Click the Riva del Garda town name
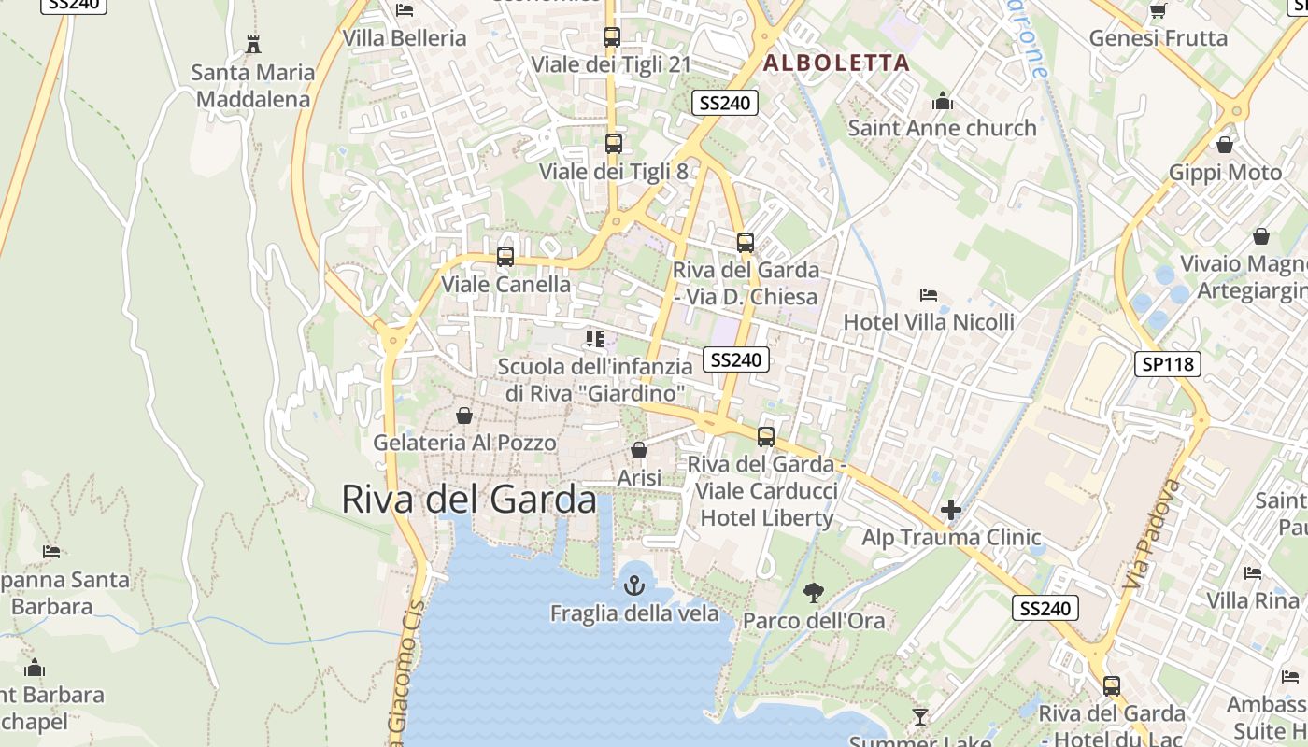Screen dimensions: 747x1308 pyautogui.click(x=468, y=500)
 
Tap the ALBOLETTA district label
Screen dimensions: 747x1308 pyautogui.click(x=836, y=63)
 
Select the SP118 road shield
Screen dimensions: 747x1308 pyautogui.click(x=1167, y=363)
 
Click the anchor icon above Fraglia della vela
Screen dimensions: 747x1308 pyautogui.click(x=634, y=585)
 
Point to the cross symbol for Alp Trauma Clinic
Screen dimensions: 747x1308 pyautogui.click(x=951, y=510)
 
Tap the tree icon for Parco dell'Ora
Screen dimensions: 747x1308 pyautogui.click(x=813, y=591)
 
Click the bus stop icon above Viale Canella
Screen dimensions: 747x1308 pyautogui.click(x=505, y=256)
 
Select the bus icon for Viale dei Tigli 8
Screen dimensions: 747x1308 pyautogui.click(x=613, y=144)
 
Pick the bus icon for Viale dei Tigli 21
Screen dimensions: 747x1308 pyautogui.click(x=611, y=37)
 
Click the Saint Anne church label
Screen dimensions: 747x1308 pyautogui.click(x=942, y=128)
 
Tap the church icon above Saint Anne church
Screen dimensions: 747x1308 pyautogui.click(x=942, y=101)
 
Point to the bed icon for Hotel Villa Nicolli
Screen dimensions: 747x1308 pyautogui.click(x=928, y=295)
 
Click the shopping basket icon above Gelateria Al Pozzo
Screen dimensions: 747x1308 pyautogui.click(x=463, y=416)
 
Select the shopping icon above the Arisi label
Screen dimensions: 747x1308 pyautogui.click(x=639, y=451)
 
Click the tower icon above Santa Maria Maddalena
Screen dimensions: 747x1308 pyautogui.click(x=252, y=44)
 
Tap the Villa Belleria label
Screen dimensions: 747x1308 pyautogui.click(x=405, y=38)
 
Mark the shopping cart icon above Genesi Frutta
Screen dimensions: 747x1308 pyautogui.click(x=1158, y=11)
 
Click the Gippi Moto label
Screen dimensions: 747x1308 pyautogui.click(x=1226, y=173)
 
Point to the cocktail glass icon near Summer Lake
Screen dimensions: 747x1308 pyautogui.click(x=920, y=716)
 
